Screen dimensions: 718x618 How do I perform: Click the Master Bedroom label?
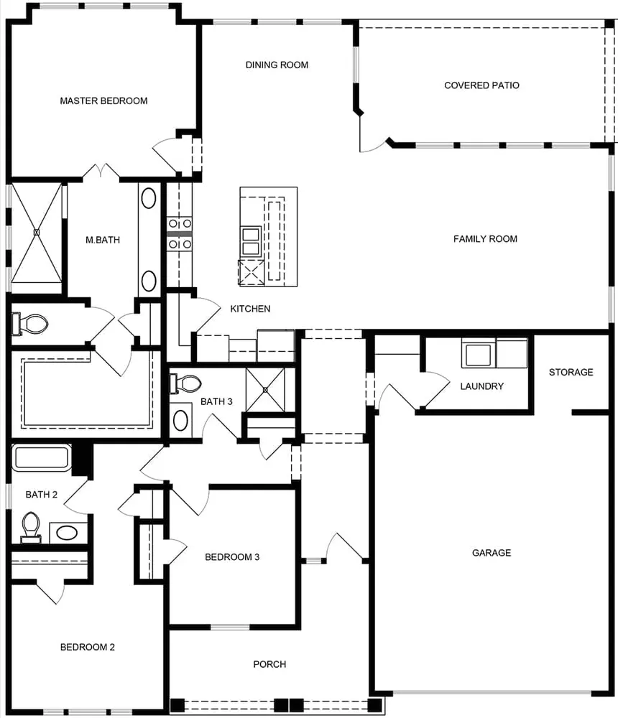click(x=103, y=101)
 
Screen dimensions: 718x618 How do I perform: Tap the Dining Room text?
click(x=277, y=65)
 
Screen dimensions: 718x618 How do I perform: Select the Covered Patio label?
click(x=481, y=85)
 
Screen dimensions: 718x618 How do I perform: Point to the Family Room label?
click(x=485, y=239)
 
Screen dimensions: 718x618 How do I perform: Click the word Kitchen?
click(x=250, y=309)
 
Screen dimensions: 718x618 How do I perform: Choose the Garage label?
click(x=492, y=553)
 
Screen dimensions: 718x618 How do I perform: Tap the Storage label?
click(x=571, y=372)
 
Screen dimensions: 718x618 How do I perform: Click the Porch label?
click(x=269, y=664)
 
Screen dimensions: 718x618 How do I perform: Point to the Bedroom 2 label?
click(x=87, y=647)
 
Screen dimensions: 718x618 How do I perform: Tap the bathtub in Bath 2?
click(x=41, y=458)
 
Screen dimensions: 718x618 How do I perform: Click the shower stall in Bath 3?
click(x=265, y=389)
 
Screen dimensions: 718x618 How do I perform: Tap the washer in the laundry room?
click(x=479, y=354)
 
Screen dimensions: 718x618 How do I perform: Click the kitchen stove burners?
click(x=180, y=234)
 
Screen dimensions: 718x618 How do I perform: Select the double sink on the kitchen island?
click(x=251, y=241)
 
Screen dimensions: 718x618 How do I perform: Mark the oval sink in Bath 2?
click(x=68, y=533)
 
